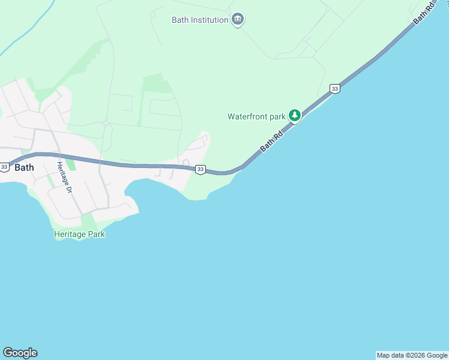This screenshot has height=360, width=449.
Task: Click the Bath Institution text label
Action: [x=200, y=20]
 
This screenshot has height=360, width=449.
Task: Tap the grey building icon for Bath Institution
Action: [x=238, y=20]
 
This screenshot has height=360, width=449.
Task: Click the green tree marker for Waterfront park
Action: [x=294, y=115]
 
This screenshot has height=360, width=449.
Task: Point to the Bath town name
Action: [x=24, y=167]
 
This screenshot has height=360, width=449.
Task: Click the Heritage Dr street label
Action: [x=64, y=177]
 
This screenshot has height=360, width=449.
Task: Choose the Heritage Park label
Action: [x=79, y=234]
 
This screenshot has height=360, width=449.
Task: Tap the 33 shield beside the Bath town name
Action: [x=4, y=167]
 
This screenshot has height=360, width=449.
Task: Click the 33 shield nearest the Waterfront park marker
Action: [x=334, y=89]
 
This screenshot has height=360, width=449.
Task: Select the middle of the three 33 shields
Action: [x=200, y=170]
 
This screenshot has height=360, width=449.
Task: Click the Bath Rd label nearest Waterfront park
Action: [x=271, y=142]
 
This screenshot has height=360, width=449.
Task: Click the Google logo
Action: [x=20, y=353]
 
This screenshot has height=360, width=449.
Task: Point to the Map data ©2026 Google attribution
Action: [x=412, y=355]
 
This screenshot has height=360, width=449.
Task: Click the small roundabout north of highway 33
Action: [x=106, y=123]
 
